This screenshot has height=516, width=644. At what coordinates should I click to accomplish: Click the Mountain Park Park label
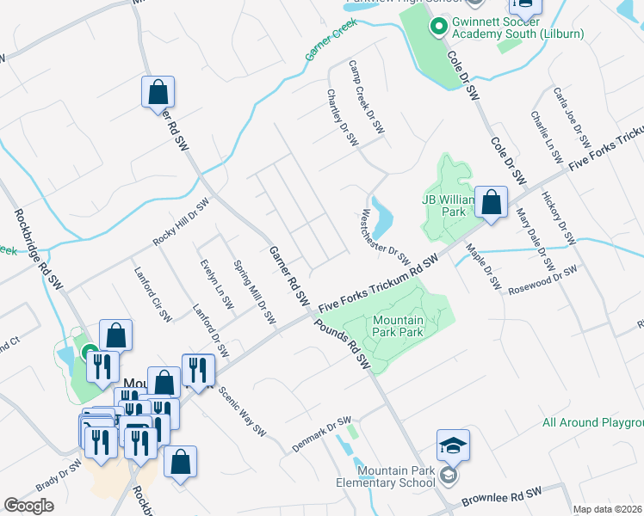(398, 326)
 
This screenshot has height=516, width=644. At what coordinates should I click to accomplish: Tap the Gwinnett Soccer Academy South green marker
(437, 28)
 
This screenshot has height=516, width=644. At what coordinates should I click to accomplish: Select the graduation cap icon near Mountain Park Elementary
(453, 445)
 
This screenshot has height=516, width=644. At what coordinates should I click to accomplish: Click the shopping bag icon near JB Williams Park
(491, 203)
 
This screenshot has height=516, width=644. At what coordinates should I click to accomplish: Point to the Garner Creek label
(330, 40)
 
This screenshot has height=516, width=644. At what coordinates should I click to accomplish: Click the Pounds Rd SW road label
(343, 345)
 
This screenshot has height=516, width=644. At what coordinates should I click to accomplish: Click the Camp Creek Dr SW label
(366, 96)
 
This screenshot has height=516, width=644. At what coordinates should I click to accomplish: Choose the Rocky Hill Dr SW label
(181, 223)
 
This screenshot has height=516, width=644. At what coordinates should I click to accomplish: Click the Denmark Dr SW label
(320, 427)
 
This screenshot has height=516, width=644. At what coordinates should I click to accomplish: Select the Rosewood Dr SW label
(542, 278)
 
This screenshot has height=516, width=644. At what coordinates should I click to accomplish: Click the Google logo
(28, 506)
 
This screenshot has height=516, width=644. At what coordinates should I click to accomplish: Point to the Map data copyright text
(608, 508)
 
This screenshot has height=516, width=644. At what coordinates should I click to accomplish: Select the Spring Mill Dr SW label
(254, 292)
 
